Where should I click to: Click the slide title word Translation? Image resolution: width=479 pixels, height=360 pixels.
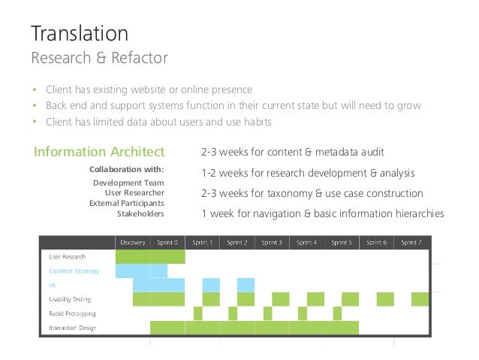(x=79, y=33)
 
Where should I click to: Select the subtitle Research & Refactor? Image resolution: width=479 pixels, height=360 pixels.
(x=98, y=57)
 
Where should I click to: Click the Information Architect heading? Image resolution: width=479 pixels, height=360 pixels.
(x=98, y=153)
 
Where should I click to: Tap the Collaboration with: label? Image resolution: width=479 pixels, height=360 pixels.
(x=126, y=169)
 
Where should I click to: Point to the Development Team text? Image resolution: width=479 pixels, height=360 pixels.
(x=128, y=183)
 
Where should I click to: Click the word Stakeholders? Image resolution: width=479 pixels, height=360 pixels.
(x=140, y=213)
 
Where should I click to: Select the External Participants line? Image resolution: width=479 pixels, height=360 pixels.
(x=126, y=203)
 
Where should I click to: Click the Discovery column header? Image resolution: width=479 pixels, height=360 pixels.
(x=132, y=242)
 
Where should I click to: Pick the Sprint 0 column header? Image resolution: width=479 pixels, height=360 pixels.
(x=167, y=242)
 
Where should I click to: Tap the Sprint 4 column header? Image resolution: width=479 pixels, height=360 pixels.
(x=306, y=242)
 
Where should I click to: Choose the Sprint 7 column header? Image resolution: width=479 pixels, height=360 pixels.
(x=411, y=242)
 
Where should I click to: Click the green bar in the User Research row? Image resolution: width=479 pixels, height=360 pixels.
(x=150, y=257)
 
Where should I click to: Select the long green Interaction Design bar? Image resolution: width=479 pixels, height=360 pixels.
(x=254, y=328)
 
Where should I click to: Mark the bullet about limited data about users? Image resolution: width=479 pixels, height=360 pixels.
(x=158, y=122)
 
